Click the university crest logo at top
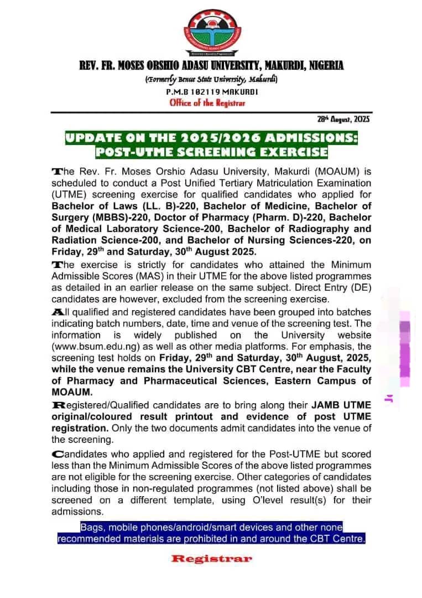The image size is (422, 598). click(x=211, y=33)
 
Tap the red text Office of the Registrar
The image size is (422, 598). click(x=211, y=103)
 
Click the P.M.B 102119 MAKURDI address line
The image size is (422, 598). click(x=211, y=91)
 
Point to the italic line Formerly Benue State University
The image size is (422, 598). click(x=211, y=79)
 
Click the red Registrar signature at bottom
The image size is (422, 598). click(x=211, y=559)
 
